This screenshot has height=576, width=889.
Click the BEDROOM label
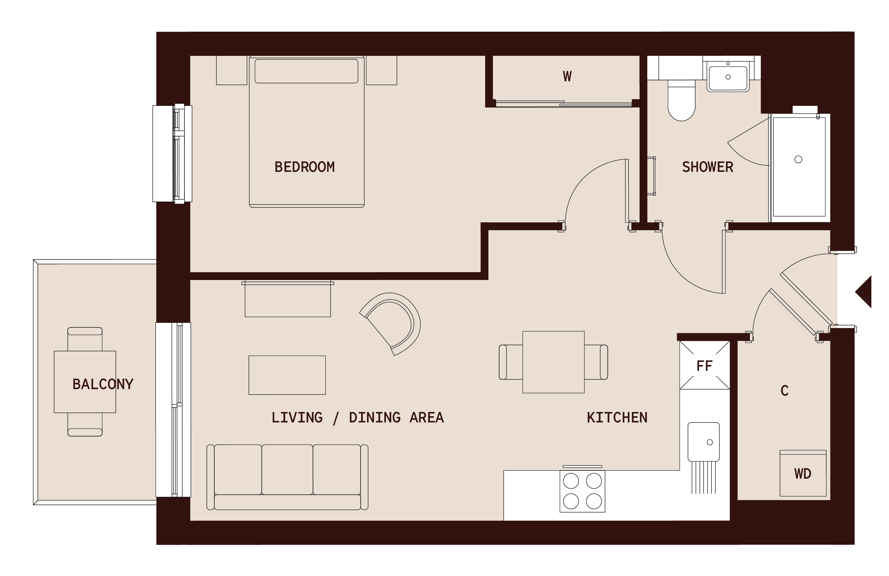pyautogui.click(x=304, y=167)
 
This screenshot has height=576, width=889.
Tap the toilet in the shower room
pyautogui.click(x=681, y=101)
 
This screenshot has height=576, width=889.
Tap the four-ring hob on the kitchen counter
pyautogui.click(x=582, y=491)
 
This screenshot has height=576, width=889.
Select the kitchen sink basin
pyautogui.click(x=703, y=442)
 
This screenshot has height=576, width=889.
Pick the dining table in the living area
pyautogui.click(x=553, y=362)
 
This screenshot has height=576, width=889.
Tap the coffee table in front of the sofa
pyautogui.click(x=287, y=375)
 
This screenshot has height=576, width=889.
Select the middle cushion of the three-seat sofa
pyautogui.click(x=287, y=469)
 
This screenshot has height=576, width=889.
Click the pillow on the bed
pyautogui.click(x=306, y=71)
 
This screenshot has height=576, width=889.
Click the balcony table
pyautogui.click(x=85, y=382)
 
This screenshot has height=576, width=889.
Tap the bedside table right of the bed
pyautogui.click(x=381, y=70)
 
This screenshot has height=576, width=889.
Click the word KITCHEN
pyautogui.click(x=617, y=418)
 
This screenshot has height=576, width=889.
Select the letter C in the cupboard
pyautogui.click(x=785, y=391)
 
